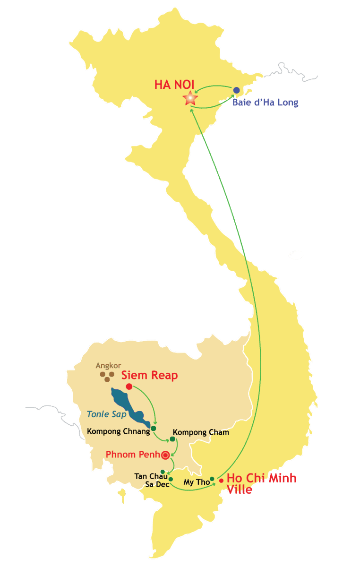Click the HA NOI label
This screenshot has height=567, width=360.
point(174,85)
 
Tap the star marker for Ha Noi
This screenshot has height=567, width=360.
point(191,98)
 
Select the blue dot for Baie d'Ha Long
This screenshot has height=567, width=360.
point(236,90)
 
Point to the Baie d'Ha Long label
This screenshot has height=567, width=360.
point(266,102)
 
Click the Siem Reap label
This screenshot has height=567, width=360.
point(150,376)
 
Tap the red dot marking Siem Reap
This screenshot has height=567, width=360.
point(129,387)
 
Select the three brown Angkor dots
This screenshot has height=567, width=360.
point(107,376)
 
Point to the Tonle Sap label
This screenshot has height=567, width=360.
point(106,414)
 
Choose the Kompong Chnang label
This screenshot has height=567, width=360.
point(118,431)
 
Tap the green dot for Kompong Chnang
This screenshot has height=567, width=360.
point(153,429)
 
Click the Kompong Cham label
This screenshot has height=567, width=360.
point(201,432)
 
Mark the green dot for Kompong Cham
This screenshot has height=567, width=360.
point(172,439)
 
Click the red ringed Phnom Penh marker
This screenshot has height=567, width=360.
point(165,455)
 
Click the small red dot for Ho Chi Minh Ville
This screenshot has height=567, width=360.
point(221,481)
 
